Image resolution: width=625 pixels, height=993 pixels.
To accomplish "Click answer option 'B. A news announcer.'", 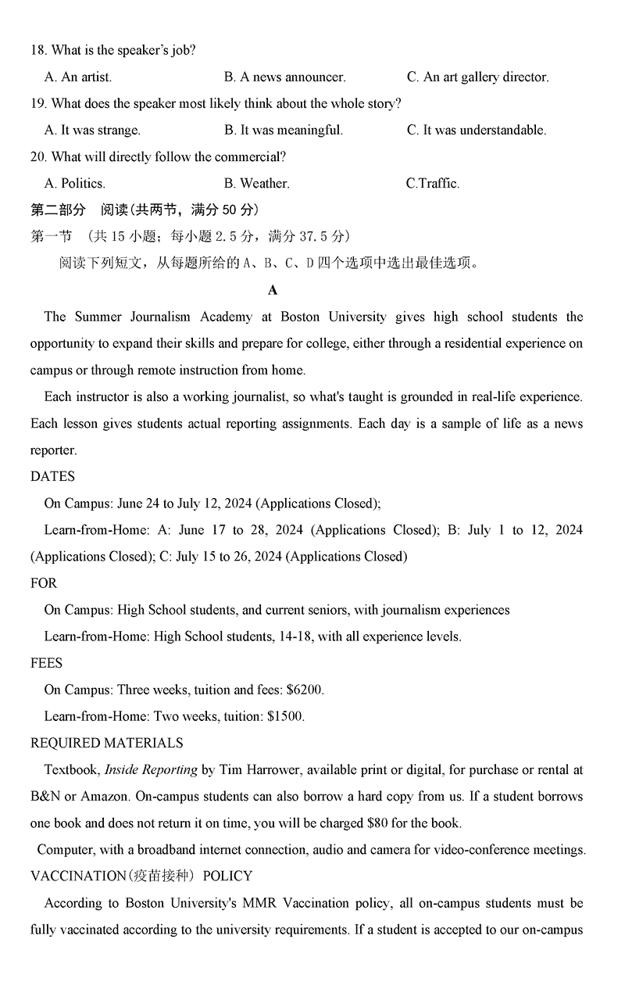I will pos(284,77).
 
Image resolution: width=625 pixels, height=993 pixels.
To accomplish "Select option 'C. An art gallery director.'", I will pos(477,77).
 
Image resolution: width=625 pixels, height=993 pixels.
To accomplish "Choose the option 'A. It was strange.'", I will pos(92,130).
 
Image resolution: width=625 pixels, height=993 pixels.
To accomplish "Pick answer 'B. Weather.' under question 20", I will pos(256,183).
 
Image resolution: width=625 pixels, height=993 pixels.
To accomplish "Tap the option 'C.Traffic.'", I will pos(433,183).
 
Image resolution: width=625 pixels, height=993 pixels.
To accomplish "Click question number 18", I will pos(38,50).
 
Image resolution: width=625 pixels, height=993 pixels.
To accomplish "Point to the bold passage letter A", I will pos(273,290).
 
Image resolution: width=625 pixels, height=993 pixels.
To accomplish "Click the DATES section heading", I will pos(52,476).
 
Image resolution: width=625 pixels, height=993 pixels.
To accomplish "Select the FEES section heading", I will pos(46,662).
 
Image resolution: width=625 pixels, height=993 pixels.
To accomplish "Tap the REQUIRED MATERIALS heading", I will pos(106,743).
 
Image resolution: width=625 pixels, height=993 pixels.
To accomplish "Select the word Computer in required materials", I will pos(65,849).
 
